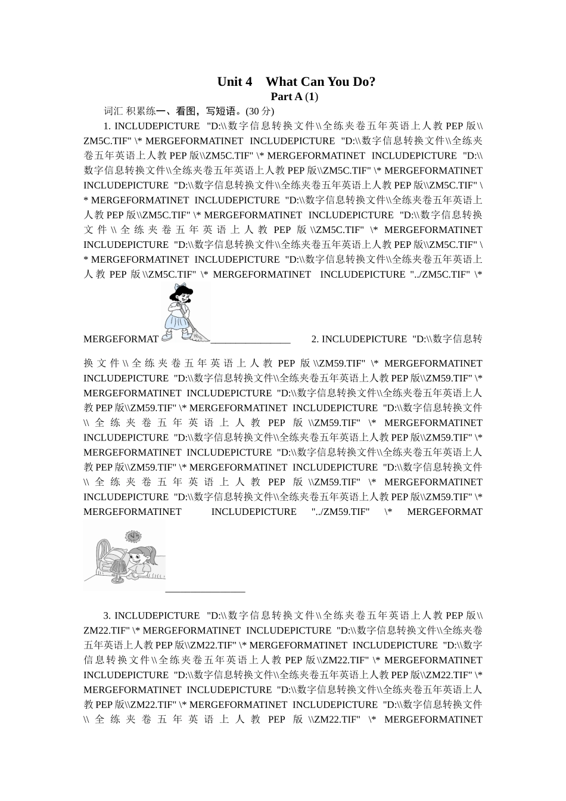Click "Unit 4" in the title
(x=234, y=82)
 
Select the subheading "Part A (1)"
(x=294, y=97)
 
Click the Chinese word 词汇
(x=113, y=111)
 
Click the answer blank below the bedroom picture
(x=205, y=591)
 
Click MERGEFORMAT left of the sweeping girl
(x=121, y=339)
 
